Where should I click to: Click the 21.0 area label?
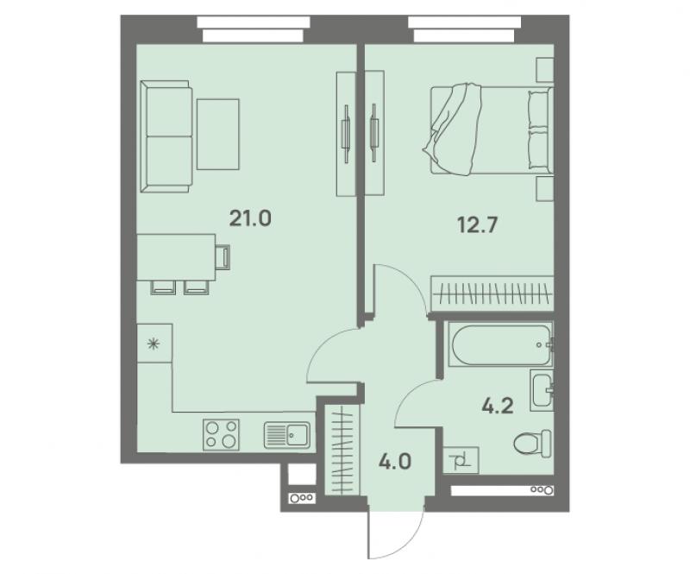pyautogui.click(x=250, y=218)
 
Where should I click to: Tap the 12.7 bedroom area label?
pyautogui.click(x=478, y=225)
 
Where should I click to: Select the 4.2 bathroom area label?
pyautogui.click(x=498, y=406)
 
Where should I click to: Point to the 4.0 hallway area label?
pyautogui.click(x=395, y=462)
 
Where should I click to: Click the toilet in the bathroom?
pyautogui.click(x=532, y=443)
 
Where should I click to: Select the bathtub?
pyautogui.click(x=500, y=345)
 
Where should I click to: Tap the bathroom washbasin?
pyautogui.click(x=542, y=390)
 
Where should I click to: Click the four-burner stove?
pyautogui.click(x=221, y=434)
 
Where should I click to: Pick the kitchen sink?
pyautogui.click(x=287, y=435)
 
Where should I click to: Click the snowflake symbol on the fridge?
pyautogui.click(x=154, y=344)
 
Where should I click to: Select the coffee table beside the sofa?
pyautogui.click(x=218, y=135)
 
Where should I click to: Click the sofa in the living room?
pyautogui.click(x=166, y=136)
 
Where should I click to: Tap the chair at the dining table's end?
pyautogui.click(x=223, y=257)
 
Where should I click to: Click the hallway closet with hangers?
pyautogui.click(x=342, y=449)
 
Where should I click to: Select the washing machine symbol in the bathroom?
pyautogui.click(x=461, y=460)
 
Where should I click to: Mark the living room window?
pyautogui.click(x=254, y=29)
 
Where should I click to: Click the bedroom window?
pyautogui.click(x=465, y=29)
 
